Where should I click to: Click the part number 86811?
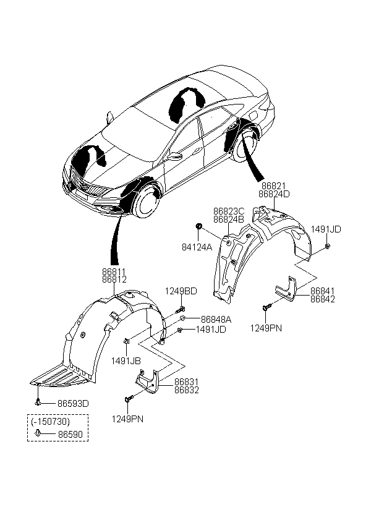[x=115, y=271]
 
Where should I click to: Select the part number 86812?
[x=115, y=279]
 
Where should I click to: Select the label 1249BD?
[x=181, y=291]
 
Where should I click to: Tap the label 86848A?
[x=216, y=320]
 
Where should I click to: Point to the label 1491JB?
[x=125, y=360]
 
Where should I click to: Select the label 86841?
[x=323, y=290]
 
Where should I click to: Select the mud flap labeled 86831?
[x=148, y=381]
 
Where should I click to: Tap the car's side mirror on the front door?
[x=174, y=155]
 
